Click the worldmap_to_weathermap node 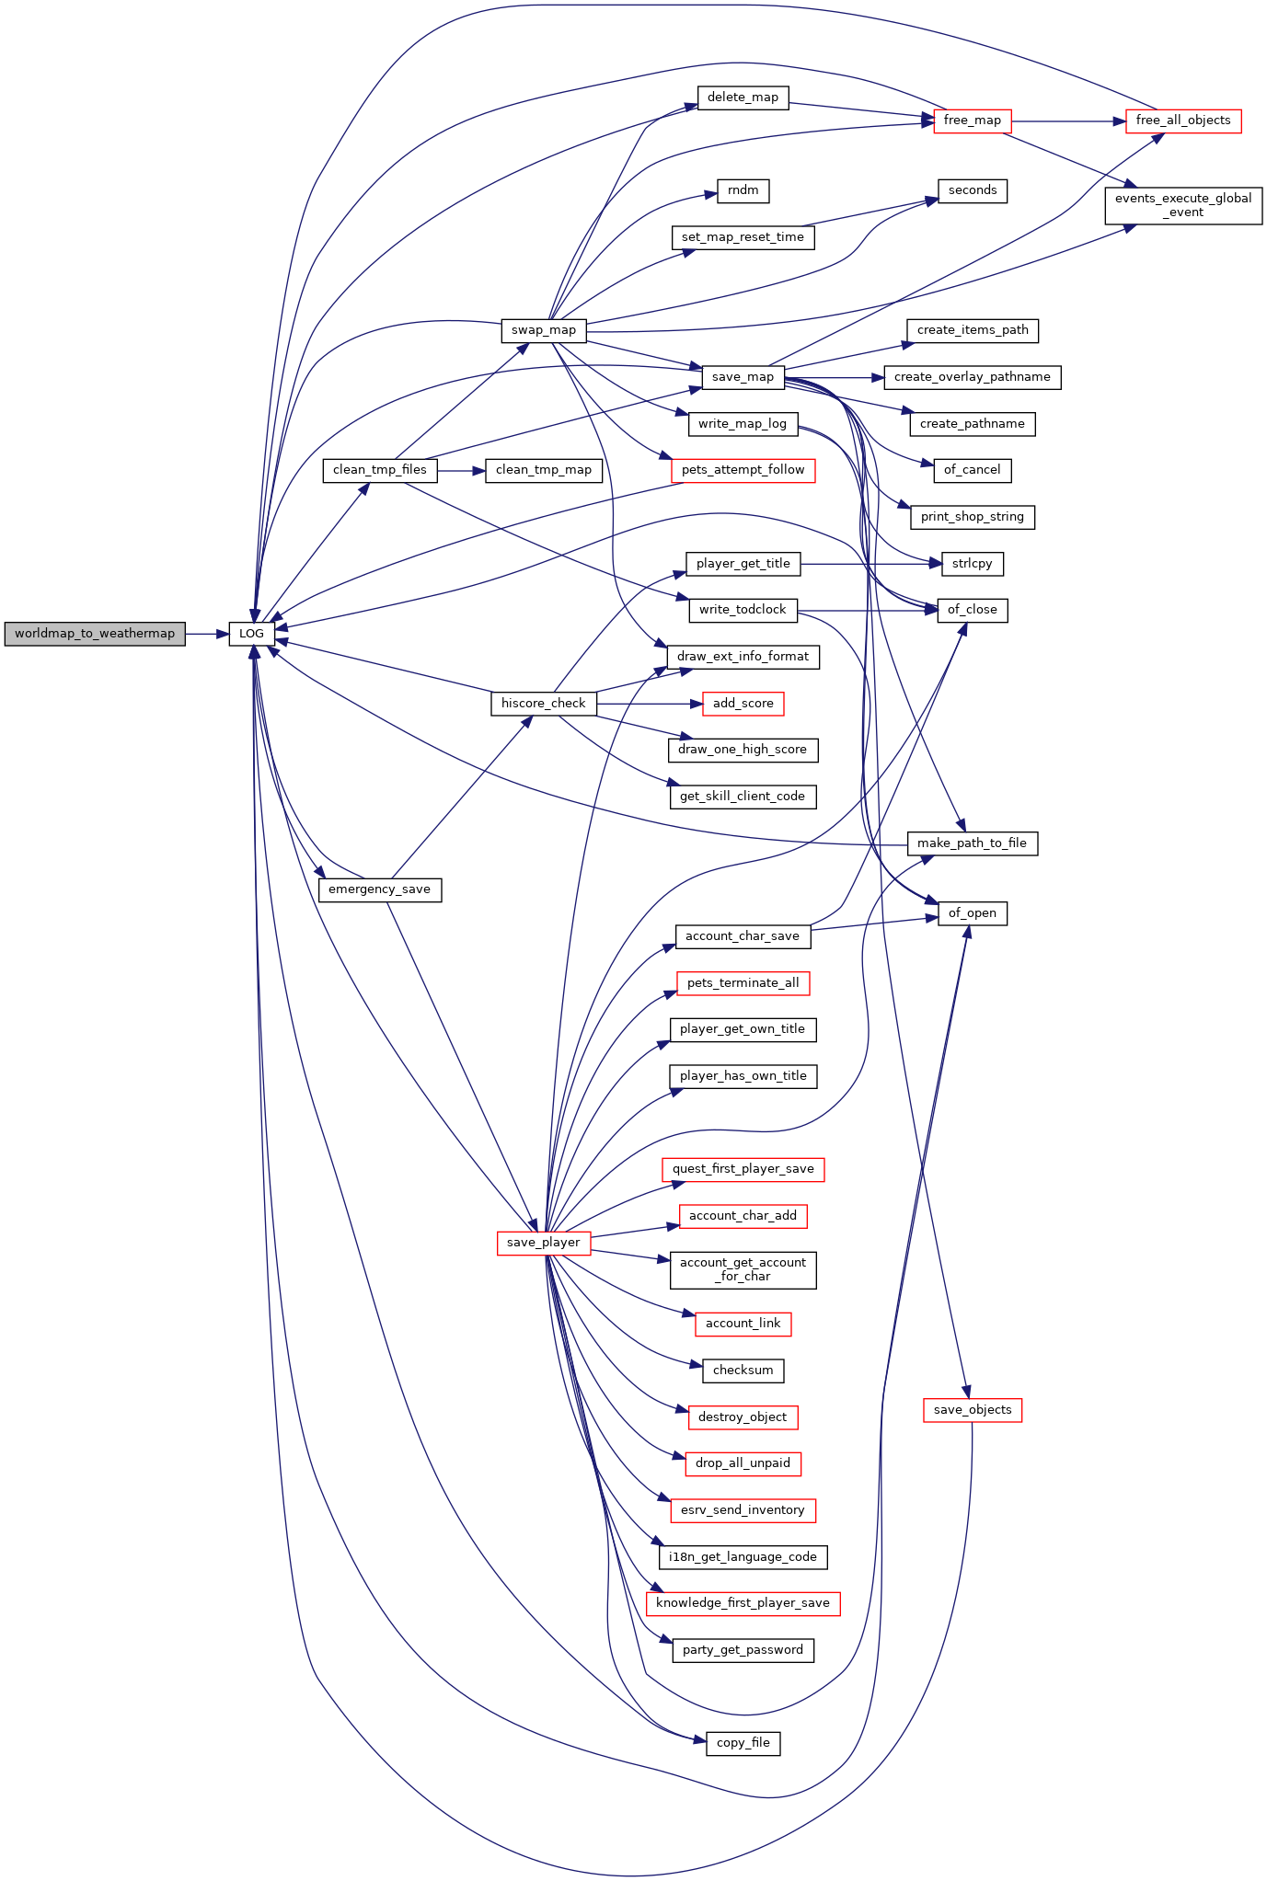[x=95, y=634]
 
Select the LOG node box [x=251, y=634]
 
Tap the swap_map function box [x=544, y=330]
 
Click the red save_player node [x=543, y=1243]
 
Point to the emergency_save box [x=379, y=889]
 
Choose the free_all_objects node [x=1182, y=120]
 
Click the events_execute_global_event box [x=1182, y=205]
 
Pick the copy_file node [x=743, y=1743]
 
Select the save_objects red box [x=972, y=1410]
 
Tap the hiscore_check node [x=543, y=704]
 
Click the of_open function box [x=972, y=913]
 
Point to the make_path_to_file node [x=972, y=843]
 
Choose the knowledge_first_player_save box [x=743, y=1603]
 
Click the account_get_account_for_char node [x=743, y=1269]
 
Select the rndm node [x=743, y=190]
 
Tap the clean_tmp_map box [x=543, y=470]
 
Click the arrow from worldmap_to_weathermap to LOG [x=207, y=634]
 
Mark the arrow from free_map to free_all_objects [x=1067, y=120]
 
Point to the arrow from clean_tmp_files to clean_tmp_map [x=461, y=470]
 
